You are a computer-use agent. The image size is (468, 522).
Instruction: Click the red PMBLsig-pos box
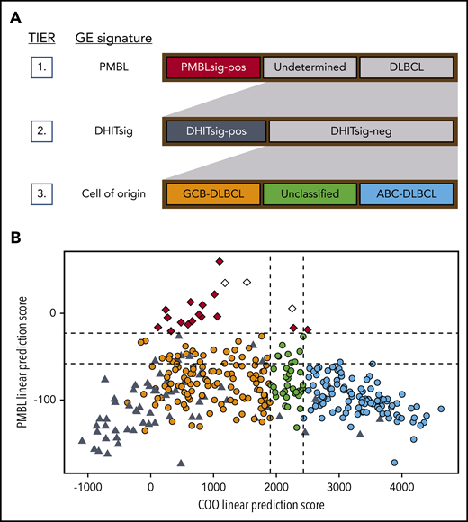(x=213, y=67)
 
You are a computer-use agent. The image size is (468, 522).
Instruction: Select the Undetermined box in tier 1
(x=310, y=67)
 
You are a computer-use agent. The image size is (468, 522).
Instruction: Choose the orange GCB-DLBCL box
(x=213, y=193)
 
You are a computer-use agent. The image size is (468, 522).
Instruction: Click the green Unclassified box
(x=310, y=193)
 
